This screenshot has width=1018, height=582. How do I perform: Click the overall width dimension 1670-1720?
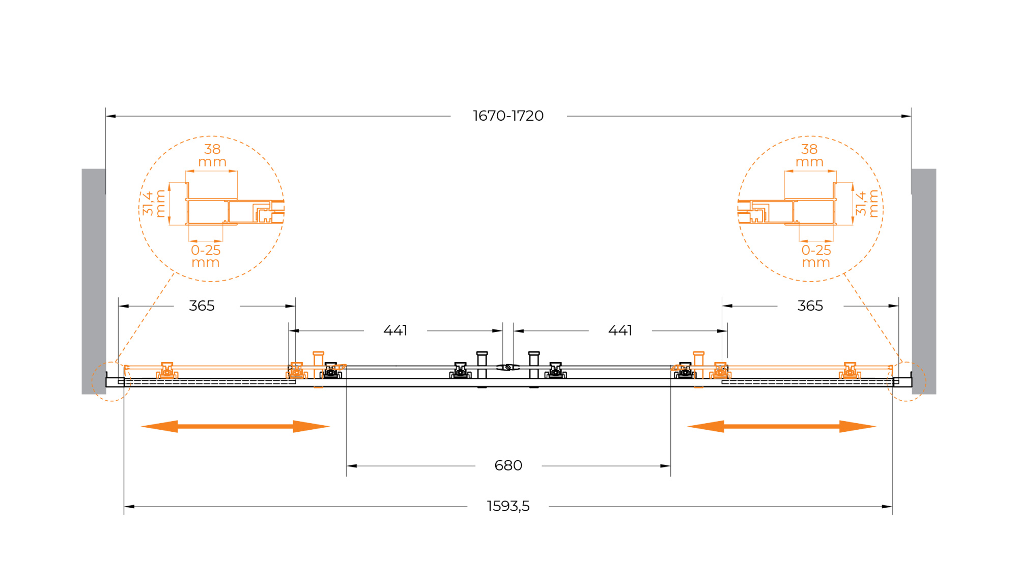[x=508, y=116]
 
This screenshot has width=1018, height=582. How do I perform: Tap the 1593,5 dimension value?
[x=508, y=506]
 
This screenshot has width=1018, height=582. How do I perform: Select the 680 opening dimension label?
[x=508, y=465]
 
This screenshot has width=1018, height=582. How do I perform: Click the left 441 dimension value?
[x=395, y=331]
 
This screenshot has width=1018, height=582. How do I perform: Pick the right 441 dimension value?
[x=620, y=331]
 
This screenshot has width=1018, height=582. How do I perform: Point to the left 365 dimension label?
[x=202, y=306]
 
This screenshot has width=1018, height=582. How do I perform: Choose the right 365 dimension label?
[x=810, y=306]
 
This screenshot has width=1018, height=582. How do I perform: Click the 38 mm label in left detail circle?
[x=212, y=155]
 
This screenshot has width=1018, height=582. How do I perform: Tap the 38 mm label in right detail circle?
[x=809, y=155]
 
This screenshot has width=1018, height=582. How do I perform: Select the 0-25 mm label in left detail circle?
[x=206, y=256]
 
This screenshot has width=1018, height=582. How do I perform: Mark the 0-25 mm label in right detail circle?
[x=816, y=256]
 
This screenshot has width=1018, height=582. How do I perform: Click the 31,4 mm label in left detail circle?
[x=153, y=204]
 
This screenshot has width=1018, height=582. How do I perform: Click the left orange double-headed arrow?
[x=235, y=427]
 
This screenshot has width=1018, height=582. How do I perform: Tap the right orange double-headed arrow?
[x=781, y=427]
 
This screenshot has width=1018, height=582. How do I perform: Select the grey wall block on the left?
[x=94, y=282]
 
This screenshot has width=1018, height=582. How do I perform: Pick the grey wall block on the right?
[x=924, y=282]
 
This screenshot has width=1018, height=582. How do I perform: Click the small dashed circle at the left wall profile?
[x=92, y=381]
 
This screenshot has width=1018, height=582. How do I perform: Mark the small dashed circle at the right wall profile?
[x=926, y=381]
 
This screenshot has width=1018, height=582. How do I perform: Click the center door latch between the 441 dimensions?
[x=507, y=367]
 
